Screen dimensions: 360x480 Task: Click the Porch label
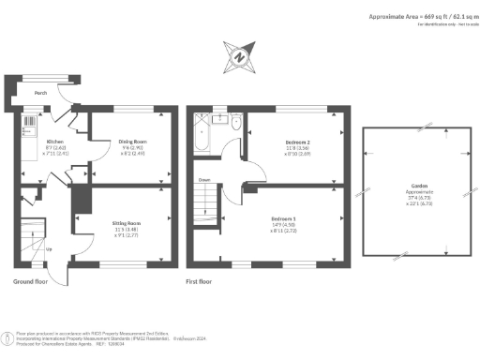point(41,94)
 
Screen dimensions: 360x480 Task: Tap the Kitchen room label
point(55,142)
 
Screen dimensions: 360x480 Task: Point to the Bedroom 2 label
point(298,142)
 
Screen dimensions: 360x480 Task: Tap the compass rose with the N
point(239,57)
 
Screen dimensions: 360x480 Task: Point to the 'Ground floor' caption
point(32,281)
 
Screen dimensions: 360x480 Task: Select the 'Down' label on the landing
point(202,178)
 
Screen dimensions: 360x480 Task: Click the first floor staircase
point(205,202)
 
